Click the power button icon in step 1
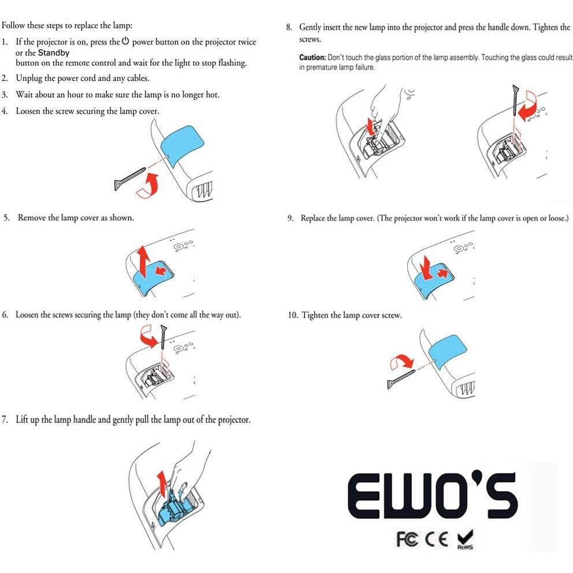[125, 42]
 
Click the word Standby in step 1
[54, 53]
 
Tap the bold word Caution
[312, 58]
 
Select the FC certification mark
[408, 538]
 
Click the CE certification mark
[436, 538]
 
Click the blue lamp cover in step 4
[184, 147]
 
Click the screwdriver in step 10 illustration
[401, 378]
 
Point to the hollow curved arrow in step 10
[401, 362]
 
